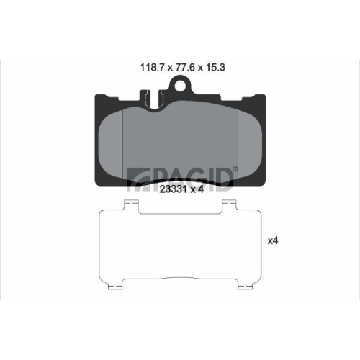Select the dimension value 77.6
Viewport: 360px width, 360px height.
pyautogui.click(x=184, y=68)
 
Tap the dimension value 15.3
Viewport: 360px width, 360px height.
pyautogui.click(x=215, y=68)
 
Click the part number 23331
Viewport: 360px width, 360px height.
pyautogui.click(x=174, y=189)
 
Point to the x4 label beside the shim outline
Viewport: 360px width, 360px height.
pyautogui.click(x=273, y=240)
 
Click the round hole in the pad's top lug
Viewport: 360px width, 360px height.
pyautogui.click(x=180, y=86)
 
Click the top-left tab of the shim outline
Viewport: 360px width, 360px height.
pyautogui.click(x=131, y=205)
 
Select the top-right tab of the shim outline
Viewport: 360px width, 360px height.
pyautogui.click(x=230, y=205)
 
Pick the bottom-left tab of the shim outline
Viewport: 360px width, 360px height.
pyautogui.click(x=116, y=284)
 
